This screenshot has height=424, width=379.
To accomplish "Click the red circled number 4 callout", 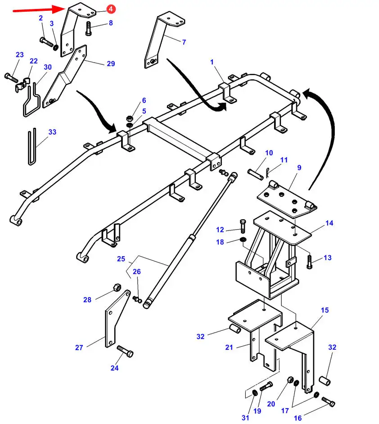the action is coord(111,9).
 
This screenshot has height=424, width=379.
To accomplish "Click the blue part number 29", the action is coord(111,63).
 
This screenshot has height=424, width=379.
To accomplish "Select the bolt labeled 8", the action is coord(89,28).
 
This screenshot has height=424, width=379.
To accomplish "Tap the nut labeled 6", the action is coord(129,118).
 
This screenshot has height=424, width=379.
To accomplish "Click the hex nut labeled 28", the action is coord(117,288).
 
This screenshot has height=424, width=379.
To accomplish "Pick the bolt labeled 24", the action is coord(125,351).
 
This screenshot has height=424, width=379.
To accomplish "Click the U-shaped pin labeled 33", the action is coord(32,147).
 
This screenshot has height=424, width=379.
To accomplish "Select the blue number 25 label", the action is coord(121,259).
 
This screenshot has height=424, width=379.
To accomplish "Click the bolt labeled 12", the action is coord(242,226).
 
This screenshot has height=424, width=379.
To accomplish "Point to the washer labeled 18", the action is coord(243,239).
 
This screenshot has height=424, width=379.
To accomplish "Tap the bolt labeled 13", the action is coord(310,262).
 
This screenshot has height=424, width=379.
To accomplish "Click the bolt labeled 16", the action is coord(329,401).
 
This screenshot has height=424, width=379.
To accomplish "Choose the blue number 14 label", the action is coord(329,223).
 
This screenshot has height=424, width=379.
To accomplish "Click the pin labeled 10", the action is coord(256,174).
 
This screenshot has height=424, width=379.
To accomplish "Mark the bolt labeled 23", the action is coord(11,77).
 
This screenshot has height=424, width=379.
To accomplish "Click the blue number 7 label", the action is coord(184,42).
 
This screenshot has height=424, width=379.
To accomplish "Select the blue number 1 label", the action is coord(212,62).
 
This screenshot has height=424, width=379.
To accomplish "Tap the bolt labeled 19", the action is coord(266,386).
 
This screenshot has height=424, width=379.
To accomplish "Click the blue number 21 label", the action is coord(229,347).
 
